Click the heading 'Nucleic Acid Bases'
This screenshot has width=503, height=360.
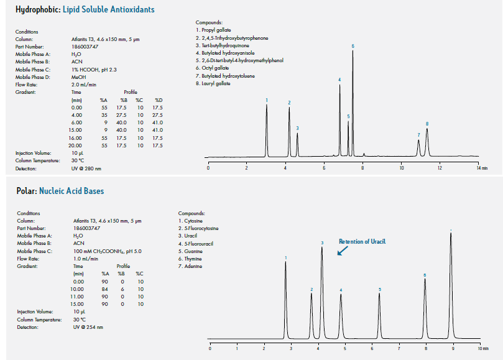[72, 191]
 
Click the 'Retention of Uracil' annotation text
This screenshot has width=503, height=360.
[362, 241]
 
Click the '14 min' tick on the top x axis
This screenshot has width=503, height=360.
[479, 168]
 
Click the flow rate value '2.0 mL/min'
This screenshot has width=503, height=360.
[85, 84]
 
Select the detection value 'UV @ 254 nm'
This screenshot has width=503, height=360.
[88, 327]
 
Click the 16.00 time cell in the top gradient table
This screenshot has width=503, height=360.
[77, 137]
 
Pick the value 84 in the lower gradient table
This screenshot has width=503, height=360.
[104, 288]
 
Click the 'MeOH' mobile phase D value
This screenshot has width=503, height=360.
[78, 76]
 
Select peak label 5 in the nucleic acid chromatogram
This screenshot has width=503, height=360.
[379, 290]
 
